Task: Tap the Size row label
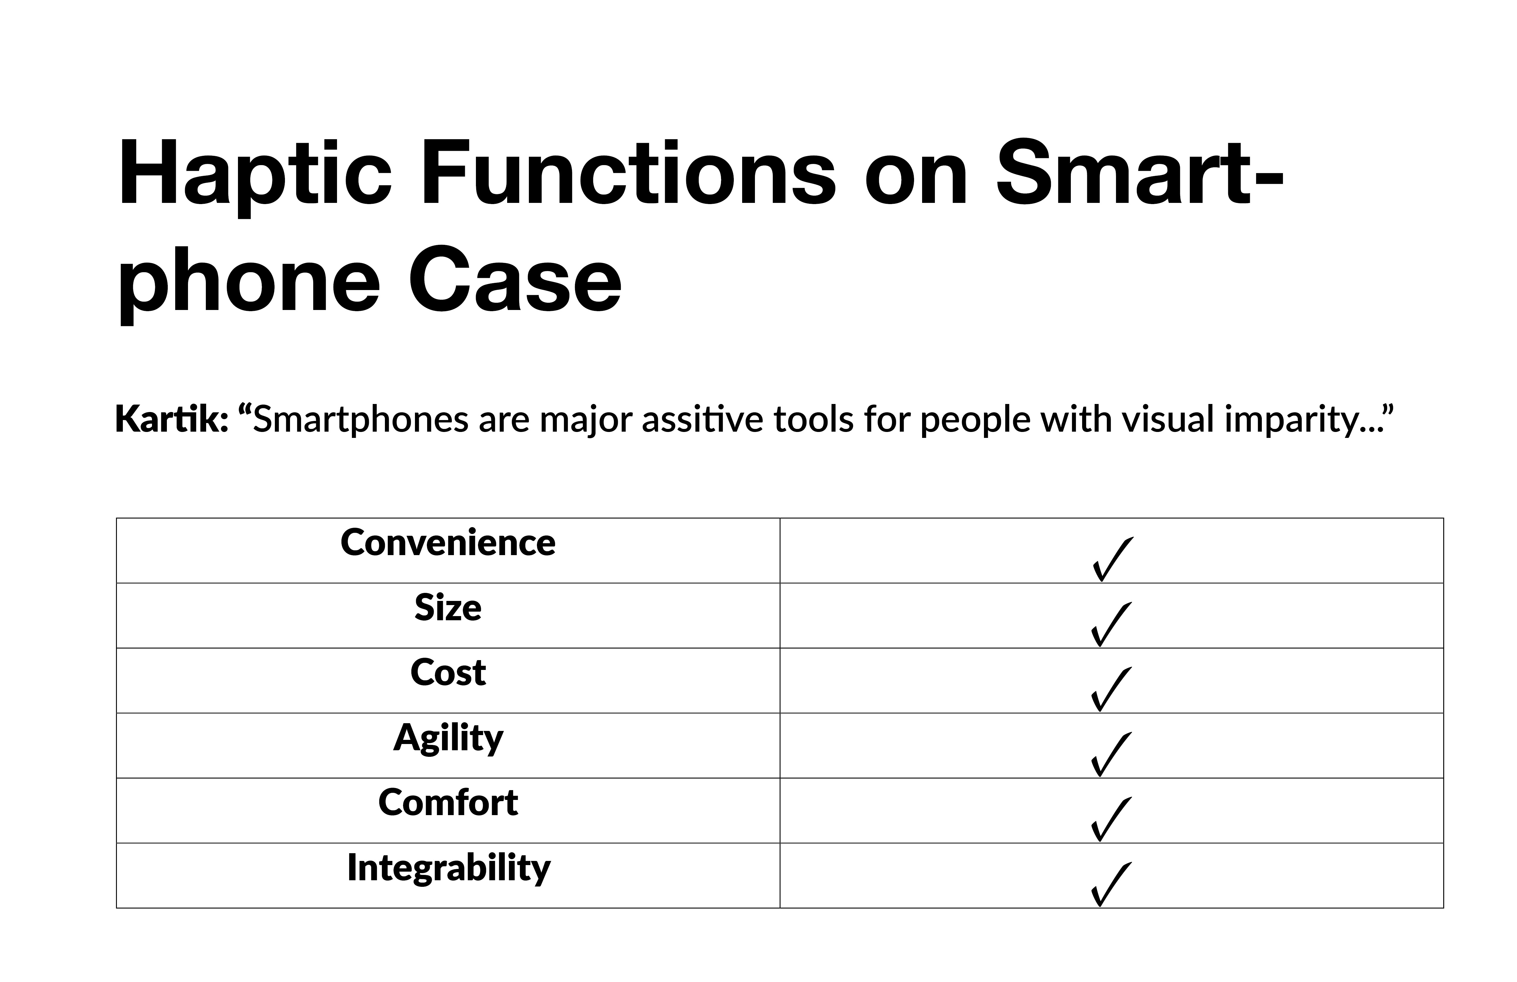448,608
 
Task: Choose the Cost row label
448,673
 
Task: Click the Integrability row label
449,868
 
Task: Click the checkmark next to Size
1112,624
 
